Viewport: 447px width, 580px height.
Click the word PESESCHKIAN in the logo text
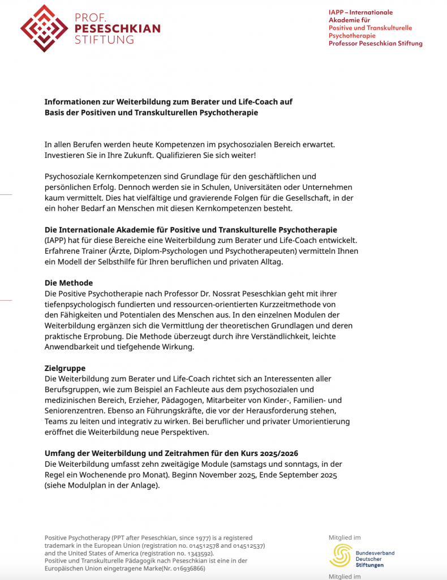(117, 28)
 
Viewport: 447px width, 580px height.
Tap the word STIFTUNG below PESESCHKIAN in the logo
(105, 40)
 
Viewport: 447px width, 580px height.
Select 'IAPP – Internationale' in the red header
(360, 12)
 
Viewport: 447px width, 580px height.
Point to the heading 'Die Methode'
(68, 283)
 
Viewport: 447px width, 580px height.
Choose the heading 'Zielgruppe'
(65, 368)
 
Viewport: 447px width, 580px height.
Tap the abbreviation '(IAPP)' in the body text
(55, 240)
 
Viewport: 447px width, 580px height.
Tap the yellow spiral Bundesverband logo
(341, 556)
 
